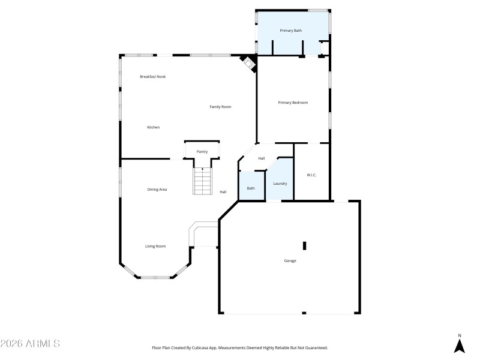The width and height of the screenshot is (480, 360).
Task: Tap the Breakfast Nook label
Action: (x=153, y=77)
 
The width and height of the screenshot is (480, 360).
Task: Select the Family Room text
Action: (x=220, y=107)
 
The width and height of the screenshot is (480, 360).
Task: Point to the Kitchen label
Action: (x=154, y=127)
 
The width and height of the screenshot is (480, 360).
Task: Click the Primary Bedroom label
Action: (x=293, y=103)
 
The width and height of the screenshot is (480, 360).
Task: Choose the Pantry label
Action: (x=202, y=152)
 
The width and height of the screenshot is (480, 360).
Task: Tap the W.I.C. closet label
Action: (x=311, y=175)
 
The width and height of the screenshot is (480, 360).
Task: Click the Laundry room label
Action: (x=280, y=184)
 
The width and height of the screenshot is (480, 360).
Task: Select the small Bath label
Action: (x=251, y=188)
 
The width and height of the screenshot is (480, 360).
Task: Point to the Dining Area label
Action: (x=157, y=190)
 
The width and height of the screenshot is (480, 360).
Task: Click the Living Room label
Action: (x=155, y=246)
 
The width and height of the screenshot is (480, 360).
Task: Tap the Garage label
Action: (x=290, y=260)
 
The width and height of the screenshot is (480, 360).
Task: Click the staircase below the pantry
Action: (x=203, y=182)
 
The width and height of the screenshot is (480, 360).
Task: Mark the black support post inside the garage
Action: (x=304, y=245)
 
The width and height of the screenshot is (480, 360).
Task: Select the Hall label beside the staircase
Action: (x=223, y=192)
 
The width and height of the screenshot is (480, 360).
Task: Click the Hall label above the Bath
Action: (x=262, y=158)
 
